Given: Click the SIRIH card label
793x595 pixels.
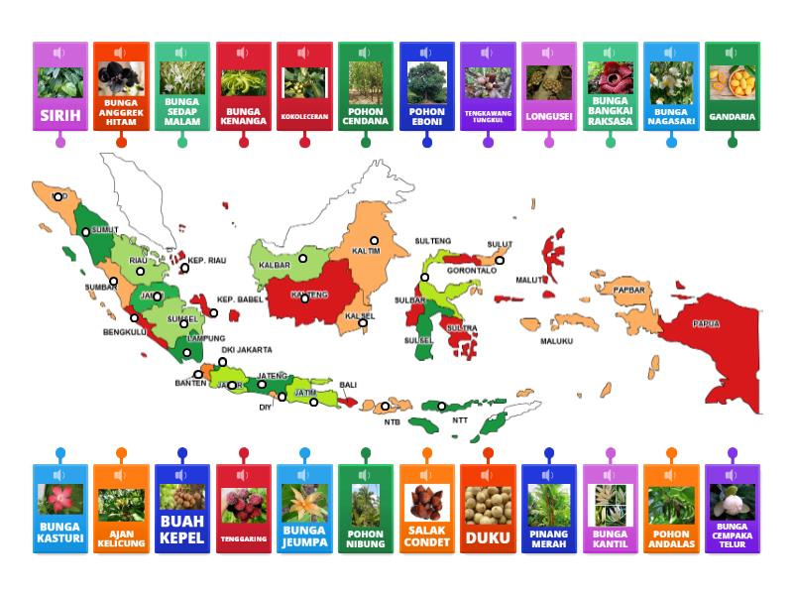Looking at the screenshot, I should point(60,115).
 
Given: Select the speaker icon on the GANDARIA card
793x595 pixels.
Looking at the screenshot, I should point(733,53).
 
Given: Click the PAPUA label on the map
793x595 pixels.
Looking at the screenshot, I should point(706,324).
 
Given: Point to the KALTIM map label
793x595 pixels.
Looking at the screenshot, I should point(367,252).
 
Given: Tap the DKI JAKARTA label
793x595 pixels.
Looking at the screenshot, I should point(247,350).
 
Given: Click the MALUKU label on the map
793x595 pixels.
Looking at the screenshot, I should point(556,341).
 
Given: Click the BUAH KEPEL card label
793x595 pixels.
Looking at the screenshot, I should point(182,530).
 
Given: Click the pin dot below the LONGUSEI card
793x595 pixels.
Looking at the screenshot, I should point(548,142).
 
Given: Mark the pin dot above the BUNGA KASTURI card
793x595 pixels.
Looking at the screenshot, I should point(60,453).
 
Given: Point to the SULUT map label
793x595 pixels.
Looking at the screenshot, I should point(500,244).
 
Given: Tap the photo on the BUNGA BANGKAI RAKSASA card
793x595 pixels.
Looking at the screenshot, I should point(610,77).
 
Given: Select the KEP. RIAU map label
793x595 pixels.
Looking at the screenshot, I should point(208,261).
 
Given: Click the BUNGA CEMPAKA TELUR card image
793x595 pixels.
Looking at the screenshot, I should point(732,502).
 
